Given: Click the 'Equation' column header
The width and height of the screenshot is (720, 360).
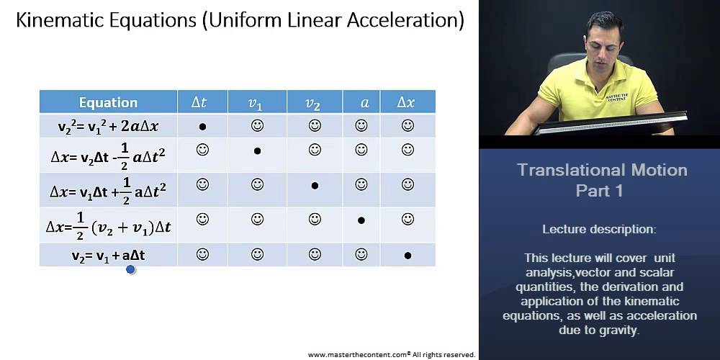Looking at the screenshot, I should pos(108,102).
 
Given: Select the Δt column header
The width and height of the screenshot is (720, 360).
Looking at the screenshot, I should pos(199,102).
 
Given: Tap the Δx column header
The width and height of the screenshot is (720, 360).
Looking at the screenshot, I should pos(406,102).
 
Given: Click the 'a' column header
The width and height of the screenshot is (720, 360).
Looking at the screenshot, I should pos(364,103).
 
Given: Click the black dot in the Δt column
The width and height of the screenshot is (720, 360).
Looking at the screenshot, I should pos(202,127).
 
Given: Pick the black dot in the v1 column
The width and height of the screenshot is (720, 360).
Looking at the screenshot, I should pos(257,151).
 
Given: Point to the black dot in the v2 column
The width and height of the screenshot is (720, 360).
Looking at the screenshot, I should pos(315,186).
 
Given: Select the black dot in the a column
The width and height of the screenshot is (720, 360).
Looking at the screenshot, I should pos(361,220).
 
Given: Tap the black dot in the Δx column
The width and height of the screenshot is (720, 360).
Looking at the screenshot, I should pos(408,256).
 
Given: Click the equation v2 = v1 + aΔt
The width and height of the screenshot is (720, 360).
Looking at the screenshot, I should pos(108,255).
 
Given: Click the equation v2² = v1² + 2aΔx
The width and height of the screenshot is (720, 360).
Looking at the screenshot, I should pos(108,126).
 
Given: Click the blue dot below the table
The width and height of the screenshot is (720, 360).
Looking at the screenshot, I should pos(130,270).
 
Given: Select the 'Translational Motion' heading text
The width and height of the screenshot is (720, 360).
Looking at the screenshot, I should pos(602,171).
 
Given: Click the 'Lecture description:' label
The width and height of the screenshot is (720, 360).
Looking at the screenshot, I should pos(599,230).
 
